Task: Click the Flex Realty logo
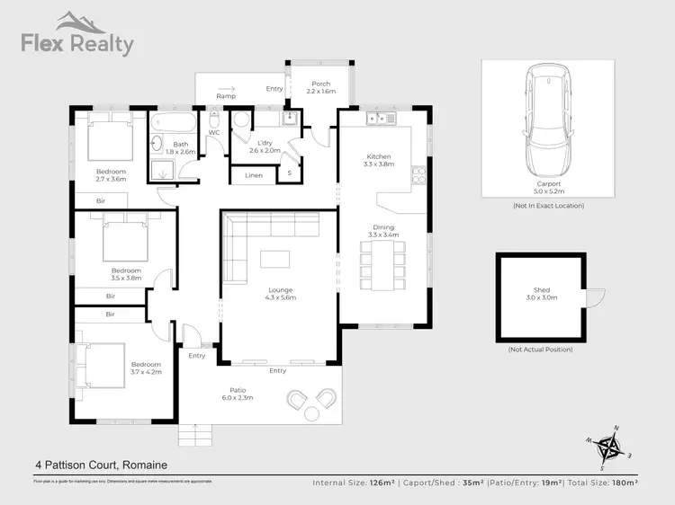pos(77,35)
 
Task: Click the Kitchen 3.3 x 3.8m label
pos(379,161)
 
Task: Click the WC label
pos(214,133)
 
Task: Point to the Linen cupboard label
pos(254,175)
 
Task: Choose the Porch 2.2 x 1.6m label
pos(319,88)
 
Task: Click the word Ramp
pos(226,95)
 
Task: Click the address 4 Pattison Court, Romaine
pos(101,465)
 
